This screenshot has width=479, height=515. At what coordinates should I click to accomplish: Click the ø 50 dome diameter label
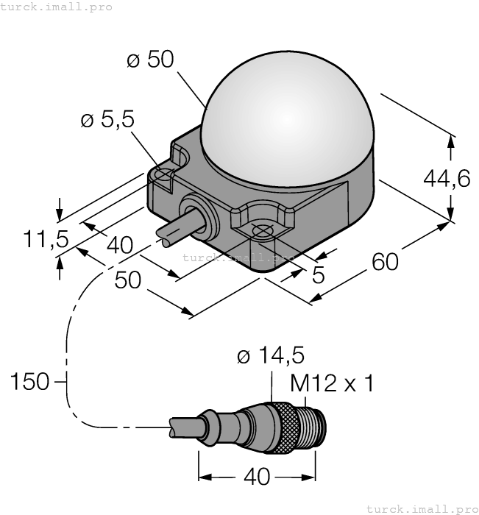click(150, 60)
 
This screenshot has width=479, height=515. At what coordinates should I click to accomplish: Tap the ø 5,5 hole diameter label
click(107, 120)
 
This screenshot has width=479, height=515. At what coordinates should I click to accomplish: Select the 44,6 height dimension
click(447, 177)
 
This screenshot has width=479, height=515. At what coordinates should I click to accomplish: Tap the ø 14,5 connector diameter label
click(271, 356)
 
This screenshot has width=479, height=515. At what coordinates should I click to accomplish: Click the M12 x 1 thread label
click(332, 383)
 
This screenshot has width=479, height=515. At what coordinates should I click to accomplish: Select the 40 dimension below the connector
click(256, 477)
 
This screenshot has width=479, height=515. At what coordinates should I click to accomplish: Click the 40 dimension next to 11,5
click(119, 244)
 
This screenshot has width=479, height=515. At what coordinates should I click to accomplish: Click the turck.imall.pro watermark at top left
click(57, 7)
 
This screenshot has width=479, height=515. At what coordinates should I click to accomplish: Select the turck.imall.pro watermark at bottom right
click(422, 508)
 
